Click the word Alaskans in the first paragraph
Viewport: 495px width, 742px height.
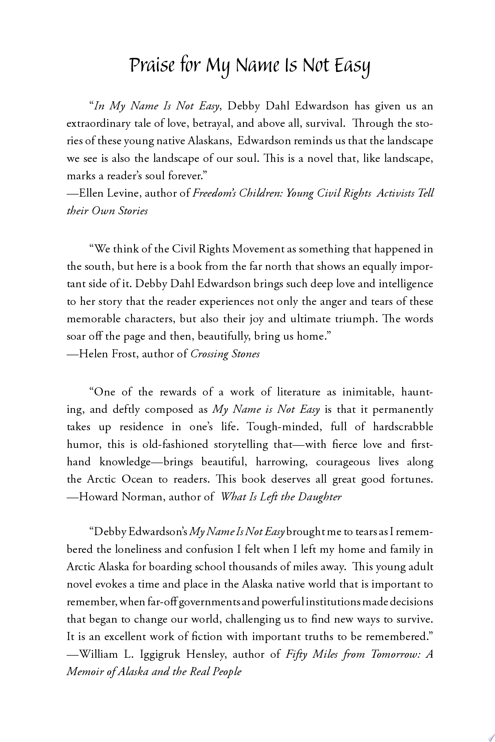coord(209,141)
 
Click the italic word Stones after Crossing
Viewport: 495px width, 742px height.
coord(246,354)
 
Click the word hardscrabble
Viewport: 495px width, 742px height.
coord(403,427)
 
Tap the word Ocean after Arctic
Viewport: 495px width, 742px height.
coord(137,479)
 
